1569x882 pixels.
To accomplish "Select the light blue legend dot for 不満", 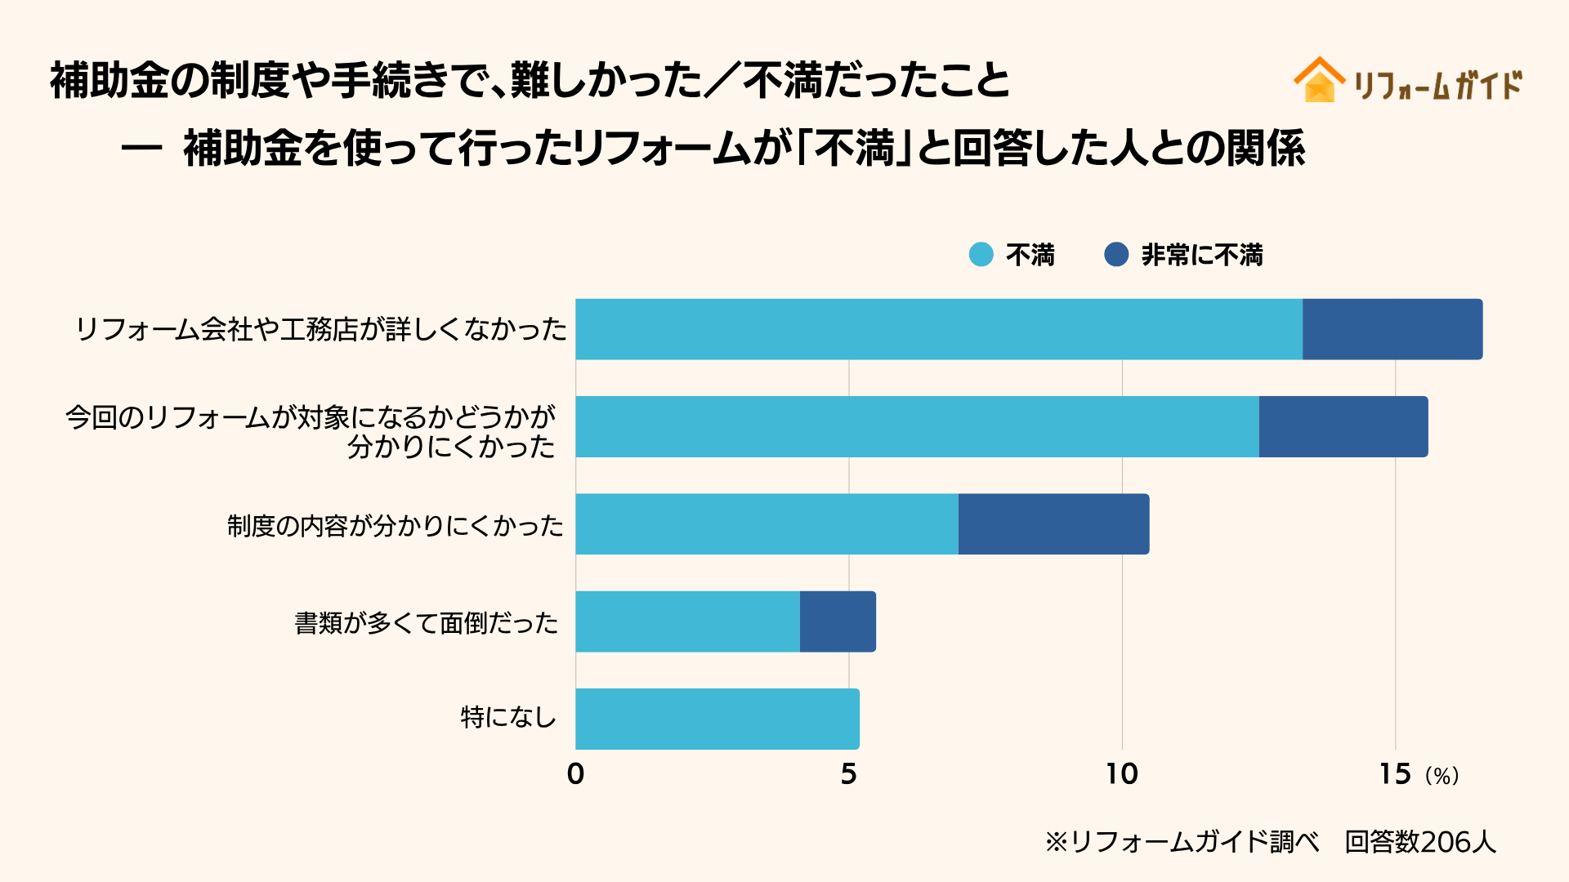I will coord(981,255).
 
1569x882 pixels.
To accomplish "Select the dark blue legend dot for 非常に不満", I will coord(1115,255).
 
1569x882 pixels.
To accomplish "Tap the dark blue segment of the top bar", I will coord(1392,329).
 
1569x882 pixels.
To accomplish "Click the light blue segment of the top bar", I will coord(938,329).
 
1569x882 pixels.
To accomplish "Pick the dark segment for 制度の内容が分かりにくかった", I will coord(1053,524).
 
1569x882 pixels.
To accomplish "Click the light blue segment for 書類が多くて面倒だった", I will coord(687,621).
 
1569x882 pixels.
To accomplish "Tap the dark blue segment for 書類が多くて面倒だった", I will coord(838,621).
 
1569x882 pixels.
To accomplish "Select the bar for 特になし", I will coord(717,719).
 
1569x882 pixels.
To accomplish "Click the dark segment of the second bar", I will coord(1343,426).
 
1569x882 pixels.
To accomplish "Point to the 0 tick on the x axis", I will coord(575,774).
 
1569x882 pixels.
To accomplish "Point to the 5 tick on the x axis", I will coord(848,774).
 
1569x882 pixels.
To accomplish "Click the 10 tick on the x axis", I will coord(1121,774).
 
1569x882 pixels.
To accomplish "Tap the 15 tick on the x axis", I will coord(1394,774).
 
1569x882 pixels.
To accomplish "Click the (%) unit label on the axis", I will coord(1442,776).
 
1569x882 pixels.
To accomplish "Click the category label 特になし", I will coord(507,718).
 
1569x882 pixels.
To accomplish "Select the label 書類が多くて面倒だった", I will coord(426,623).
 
